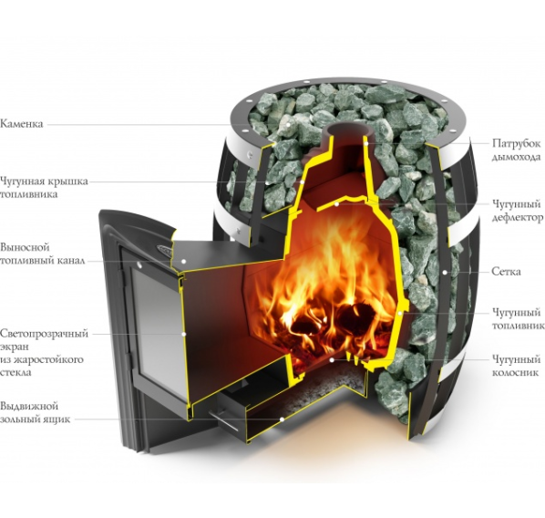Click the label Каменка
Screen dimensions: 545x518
22,124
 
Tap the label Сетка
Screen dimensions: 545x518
506,272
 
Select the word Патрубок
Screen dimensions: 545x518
516,144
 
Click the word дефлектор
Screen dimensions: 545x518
518,218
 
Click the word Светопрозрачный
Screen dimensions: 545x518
44,334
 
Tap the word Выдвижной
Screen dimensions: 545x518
29,407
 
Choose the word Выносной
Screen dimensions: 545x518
25,248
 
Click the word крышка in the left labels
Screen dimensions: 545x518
67,181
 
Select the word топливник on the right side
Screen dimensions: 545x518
518,326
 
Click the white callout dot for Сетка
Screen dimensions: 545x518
445,272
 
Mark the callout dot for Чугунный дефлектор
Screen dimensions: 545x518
336,204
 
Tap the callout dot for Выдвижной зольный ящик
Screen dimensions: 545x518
283,420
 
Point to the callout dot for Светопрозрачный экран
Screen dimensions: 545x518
184,334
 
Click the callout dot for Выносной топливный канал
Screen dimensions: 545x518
184,261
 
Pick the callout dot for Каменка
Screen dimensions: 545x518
288,124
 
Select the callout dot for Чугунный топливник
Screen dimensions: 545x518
400,313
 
